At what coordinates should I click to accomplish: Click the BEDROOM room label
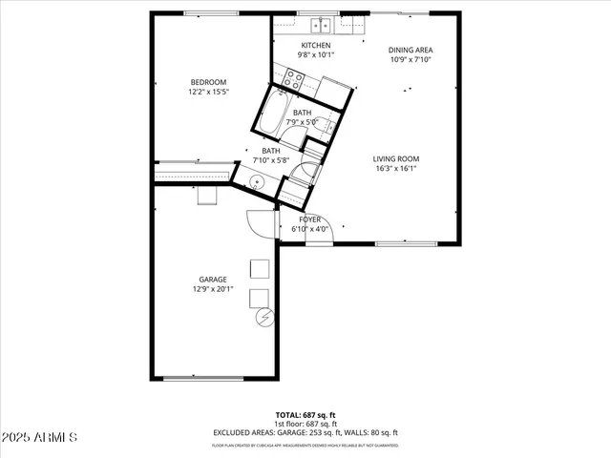point(207,82)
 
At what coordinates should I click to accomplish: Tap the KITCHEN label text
point(316,46)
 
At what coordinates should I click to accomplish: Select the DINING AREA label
point(411,50)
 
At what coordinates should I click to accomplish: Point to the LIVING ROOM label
point(395,158)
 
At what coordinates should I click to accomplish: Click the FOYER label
point(310,219)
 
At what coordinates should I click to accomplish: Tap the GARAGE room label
point(213,280)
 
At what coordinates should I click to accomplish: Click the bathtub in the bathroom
point(273,114)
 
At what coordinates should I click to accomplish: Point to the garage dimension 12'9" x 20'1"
point(213,289)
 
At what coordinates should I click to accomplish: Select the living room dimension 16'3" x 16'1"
point(395,169)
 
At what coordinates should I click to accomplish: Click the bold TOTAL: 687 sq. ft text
point(305,415)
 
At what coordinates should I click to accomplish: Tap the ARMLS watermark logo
point(40,437)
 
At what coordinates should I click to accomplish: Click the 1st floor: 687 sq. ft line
point(305,424)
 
